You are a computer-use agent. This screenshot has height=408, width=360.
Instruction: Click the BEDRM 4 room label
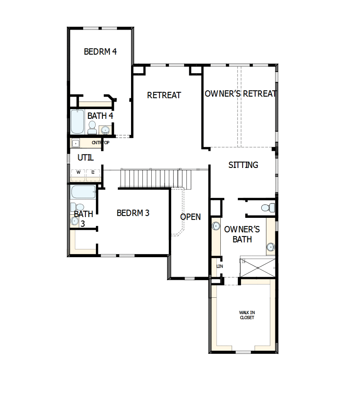pyautogui.click(x=100, y=52)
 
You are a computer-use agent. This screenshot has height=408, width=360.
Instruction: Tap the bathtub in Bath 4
pyautogui.click(x=77, y=122)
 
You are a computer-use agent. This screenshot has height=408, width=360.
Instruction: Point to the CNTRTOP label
pyautogui.click(x=100, y=143)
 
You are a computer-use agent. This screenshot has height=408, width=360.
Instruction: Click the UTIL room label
pyautogui.click(x=85, y=158)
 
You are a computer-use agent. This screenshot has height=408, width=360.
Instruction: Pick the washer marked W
pyautogui.click(x=78, y=172)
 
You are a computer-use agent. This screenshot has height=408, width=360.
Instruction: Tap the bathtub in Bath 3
pyautogui.click(x=83, y=192)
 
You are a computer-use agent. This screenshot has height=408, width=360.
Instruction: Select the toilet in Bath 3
pyautogui.click(x=78, y=207)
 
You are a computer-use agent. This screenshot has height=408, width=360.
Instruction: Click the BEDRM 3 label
pyautogui.click(x=133, y=213)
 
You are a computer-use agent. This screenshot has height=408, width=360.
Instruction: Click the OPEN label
pyautogui.click(x=190, y=217)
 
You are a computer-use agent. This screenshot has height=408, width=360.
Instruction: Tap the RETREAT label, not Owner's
pyautogui.click(x=164, y=95)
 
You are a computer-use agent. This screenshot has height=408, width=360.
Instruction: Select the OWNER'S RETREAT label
pyautogui.click(x=240, y=94)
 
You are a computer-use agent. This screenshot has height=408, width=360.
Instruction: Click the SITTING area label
pyautogui.click(x=243, y=165)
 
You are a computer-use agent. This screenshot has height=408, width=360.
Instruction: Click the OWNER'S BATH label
pyautogui.click(x=242, y=234)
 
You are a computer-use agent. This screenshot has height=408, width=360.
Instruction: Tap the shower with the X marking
pyautogui.click(x=257, y=267)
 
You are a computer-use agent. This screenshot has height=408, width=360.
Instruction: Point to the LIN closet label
pyautogui.click(x=219, y=266)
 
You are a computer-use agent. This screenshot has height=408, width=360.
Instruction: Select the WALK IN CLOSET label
pyautogui.click(x=247, y=315)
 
